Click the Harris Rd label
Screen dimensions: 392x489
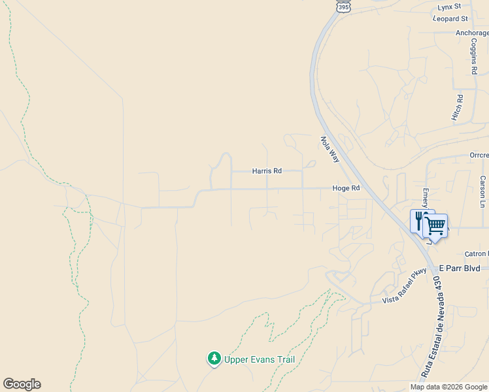[267, 171]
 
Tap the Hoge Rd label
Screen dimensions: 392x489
[346, 188]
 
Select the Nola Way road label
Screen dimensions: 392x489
[329, 149]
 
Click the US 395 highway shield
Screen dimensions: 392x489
[343, 5]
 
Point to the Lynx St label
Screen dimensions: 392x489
[449, 7]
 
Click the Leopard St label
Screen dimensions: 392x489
[450, 19]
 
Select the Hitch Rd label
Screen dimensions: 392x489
[457, 107]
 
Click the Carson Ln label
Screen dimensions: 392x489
[482, 191]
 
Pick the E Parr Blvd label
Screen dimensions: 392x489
[460, 269]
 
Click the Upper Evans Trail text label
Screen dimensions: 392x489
[260, 359]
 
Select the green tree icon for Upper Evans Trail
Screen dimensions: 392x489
[214, 359]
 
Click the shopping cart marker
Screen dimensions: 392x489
[435, 226]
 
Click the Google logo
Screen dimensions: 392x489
[22, 384]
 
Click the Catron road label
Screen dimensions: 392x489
[476, 253]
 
